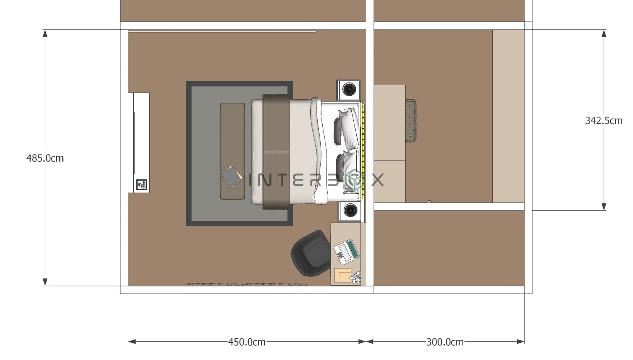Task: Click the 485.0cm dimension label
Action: (x=45, y=158)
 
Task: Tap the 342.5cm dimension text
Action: (x=603, y=121)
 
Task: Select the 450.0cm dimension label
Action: (x=247, y=342)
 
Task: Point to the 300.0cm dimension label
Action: (x=445, y=342)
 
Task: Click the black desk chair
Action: (x=311, y=253)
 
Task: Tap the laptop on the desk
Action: (x=346, y=252)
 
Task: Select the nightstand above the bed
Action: (x=349, y=90)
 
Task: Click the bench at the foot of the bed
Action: (x=232, y=151)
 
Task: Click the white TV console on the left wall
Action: (x=139, y=142)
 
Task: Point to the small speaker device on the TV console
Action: (x=141, y=185)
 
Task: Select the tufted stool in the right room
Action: (x=411, y=121)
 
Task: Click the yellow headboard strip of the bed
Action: (x=363, y=151)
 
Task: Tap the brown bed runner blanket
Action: (x=276, y=151)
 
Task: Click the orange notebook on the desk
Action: (x=342, y=275)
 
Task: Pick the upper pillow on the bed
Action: (x=347, y=128)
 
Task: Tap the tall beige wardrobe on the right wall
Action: (x=508, y=116)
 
